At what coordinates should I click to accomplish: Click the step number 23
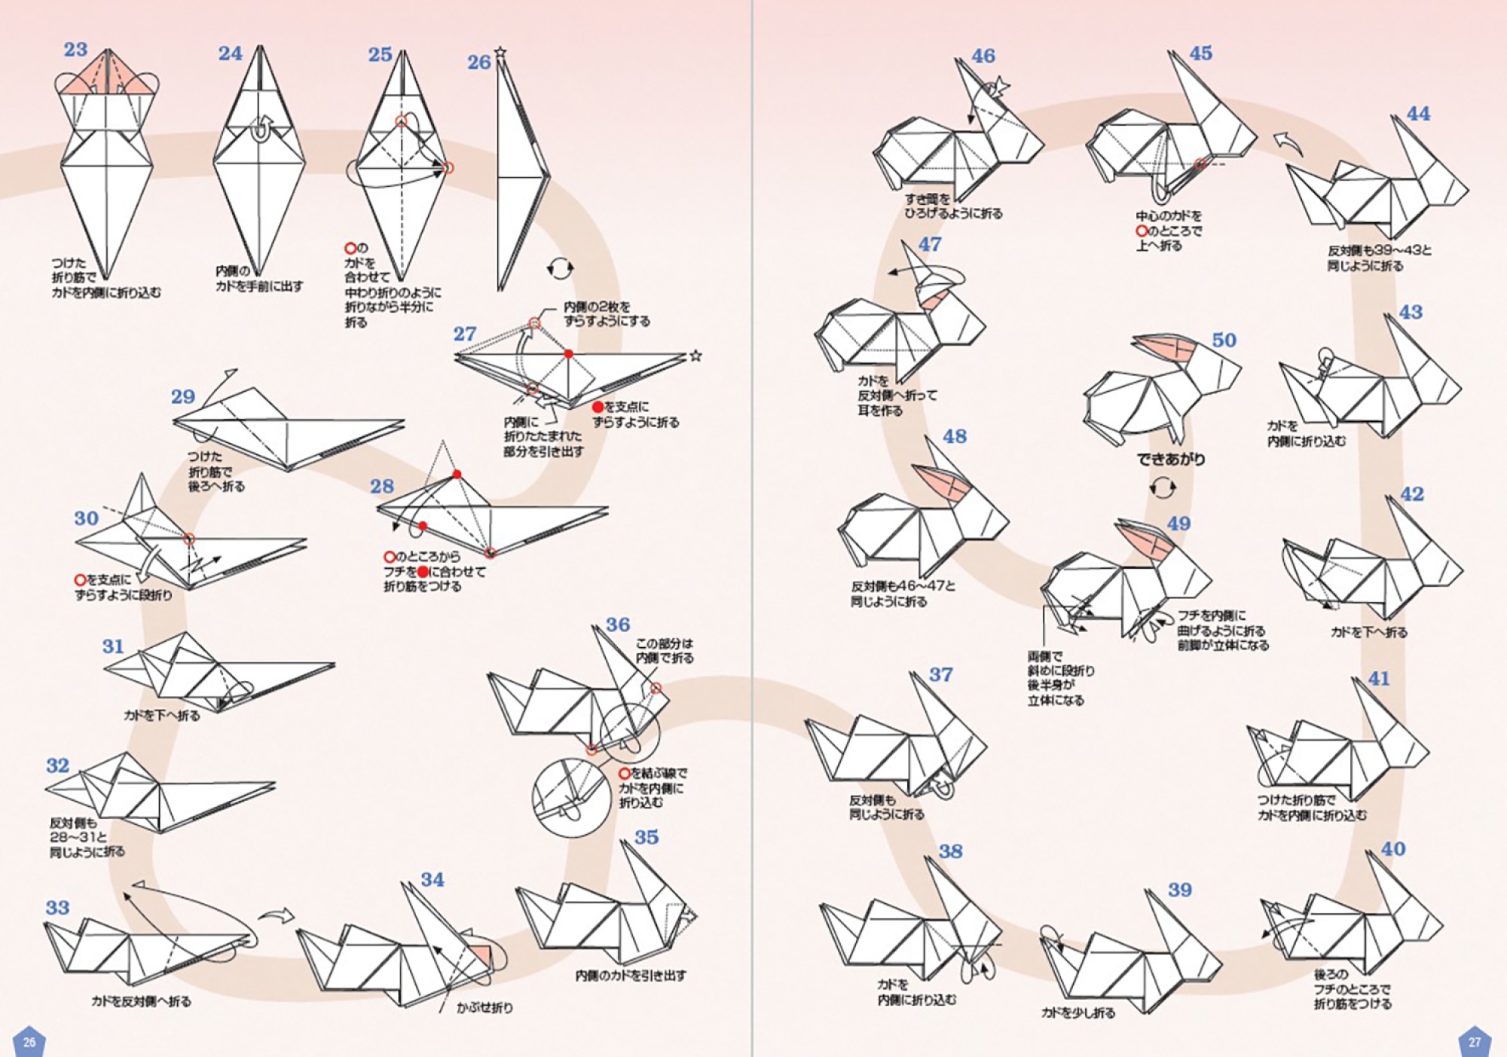pyautogui.click(x=75, y=50)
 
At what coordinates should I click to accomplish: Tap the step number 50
pyautogui.click(x=1224, y=341)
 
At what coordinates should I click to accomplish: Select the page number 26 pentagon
pyautogui.click(x=29, y=1042)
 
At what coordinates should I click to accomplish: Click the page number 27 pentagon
pyautogui.click(x=1475, y=1042)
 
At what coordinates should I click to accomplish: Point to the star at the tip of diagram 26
pyautogui.click(x=500, y=53)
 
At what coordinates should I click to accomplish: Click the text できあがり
pyautogui.click(x=1170, y=459)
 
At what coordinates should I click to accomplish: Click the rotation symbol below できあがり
pyautogui.click(x=1163, y=488)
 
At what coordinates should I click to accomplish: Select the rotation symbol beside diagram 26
pyautogui.click(x=560, y=268)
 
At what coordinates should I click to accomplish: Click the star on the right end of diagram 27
pyautogui.click(x=695, y=356)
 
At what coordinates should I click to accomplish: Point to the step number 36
pyautogui.click(x=618, y=625)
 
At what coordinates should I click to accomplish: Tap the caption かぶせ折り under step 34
pyautogui.click(x=485, y=1007)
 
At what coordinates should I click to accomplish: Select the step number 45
pyautogui.click(x=1200, y=53)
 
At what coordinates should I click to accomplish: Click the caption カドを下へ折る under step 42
pyautogui.click(x=1368, y=632)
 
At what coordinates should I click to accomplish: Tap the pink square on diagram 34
pyautogui.click(x=480, y=955)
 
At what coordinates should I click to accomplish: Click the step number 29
pyautogui.click(x=183, y=397)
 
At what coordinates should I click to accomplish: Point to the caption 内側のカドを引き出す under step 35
pyautogui.click(x=631, y=976)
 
